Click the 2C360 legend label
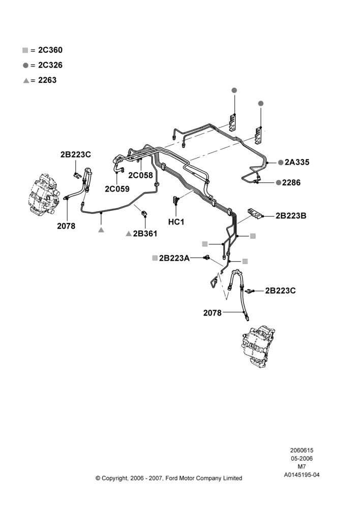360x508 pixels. (x=50, y=50)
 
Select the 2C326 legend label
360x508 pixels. (x=50, y=65)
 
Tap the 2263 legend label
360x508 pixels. (x=47, y=80)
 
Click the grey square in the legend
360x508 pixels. (x=25, y=50)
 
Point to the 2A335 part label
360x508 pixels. (x=297, y=162)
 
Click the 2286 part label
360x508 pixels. (x=291, y=182)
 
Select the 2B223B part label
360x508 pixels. (x=291, y=216)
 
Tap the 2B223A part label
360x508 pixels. (x=174, y=258)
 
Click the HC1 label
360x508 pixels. (x=176, y=222)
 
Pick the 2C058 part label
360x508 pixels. (x=140, y=175)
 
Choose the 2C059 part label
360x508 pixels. (x=117, y=189)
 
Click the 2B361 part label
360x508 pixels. (x=145, y=234)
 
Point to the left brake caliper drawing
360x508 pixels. (x=44, y=194)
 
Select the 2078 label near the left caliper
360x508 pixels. (x=66, y=226)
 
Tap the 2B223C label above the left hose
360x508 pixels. (x=76, y=154)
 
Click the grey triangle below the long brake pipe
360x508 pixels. (x=101, y=230)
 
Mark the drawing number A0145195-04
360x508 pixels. (x=302, y=475)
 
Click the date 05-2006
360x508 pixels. (x=302, y=458)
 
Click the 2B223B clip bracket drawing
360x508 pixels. (x=255, y=214)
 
